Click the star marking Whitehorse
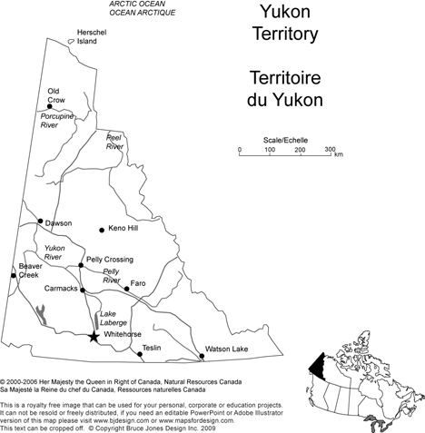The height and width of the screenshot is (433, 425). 94,336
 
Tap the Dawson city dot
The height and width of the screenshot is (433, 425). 40,221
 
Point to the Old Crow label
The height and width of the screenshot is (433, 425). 56,95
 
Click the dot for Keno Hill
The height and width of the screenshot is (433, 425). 103,228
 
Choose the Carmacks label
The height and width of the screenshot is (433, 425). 62,288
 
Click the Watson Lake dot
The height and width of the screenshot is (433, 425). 201,353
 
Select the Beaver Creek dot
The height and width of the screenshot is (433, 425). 14,274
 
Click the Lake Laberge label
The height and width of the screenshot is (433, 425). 114,318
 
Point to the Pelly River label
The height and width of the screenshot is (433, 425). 112,276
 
